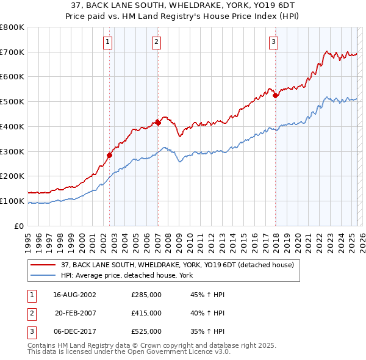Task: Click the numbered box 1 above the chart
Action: click(107, 42)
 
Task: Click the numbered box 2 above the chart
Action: click(156, 42)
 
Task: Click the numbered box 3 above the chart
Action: click(273, 42)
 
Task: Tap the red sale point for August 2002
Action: click(110, 155)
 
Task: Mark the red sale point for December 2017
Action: click(276, 95)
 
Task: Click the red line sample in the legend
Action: click(43, 265)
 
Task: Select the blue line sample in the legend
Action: click(43, 275)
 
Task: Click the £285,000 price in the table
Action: click(146, 294)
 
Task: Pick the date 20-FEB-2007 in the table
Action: click(75, 313)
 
